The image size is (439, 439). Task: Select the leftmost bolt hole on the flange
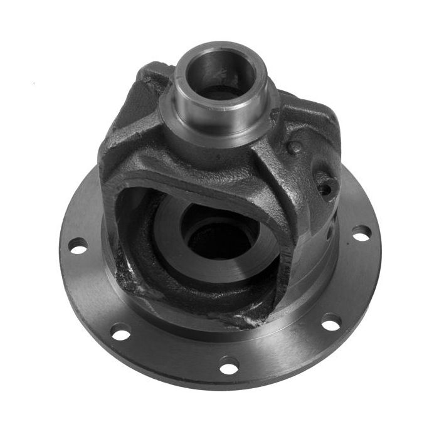click(x=78, y=246)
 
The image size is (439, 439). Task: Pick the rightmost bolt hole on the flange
click(x=361, y=233)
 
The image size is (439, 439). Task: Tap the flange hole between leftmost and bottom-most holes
click(x=121, y=332)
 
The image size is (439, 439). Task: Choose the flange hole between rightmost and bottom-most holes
click(x=331, y=324)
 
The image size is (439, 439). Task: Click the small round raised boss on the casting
click(x=294, y=148)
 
